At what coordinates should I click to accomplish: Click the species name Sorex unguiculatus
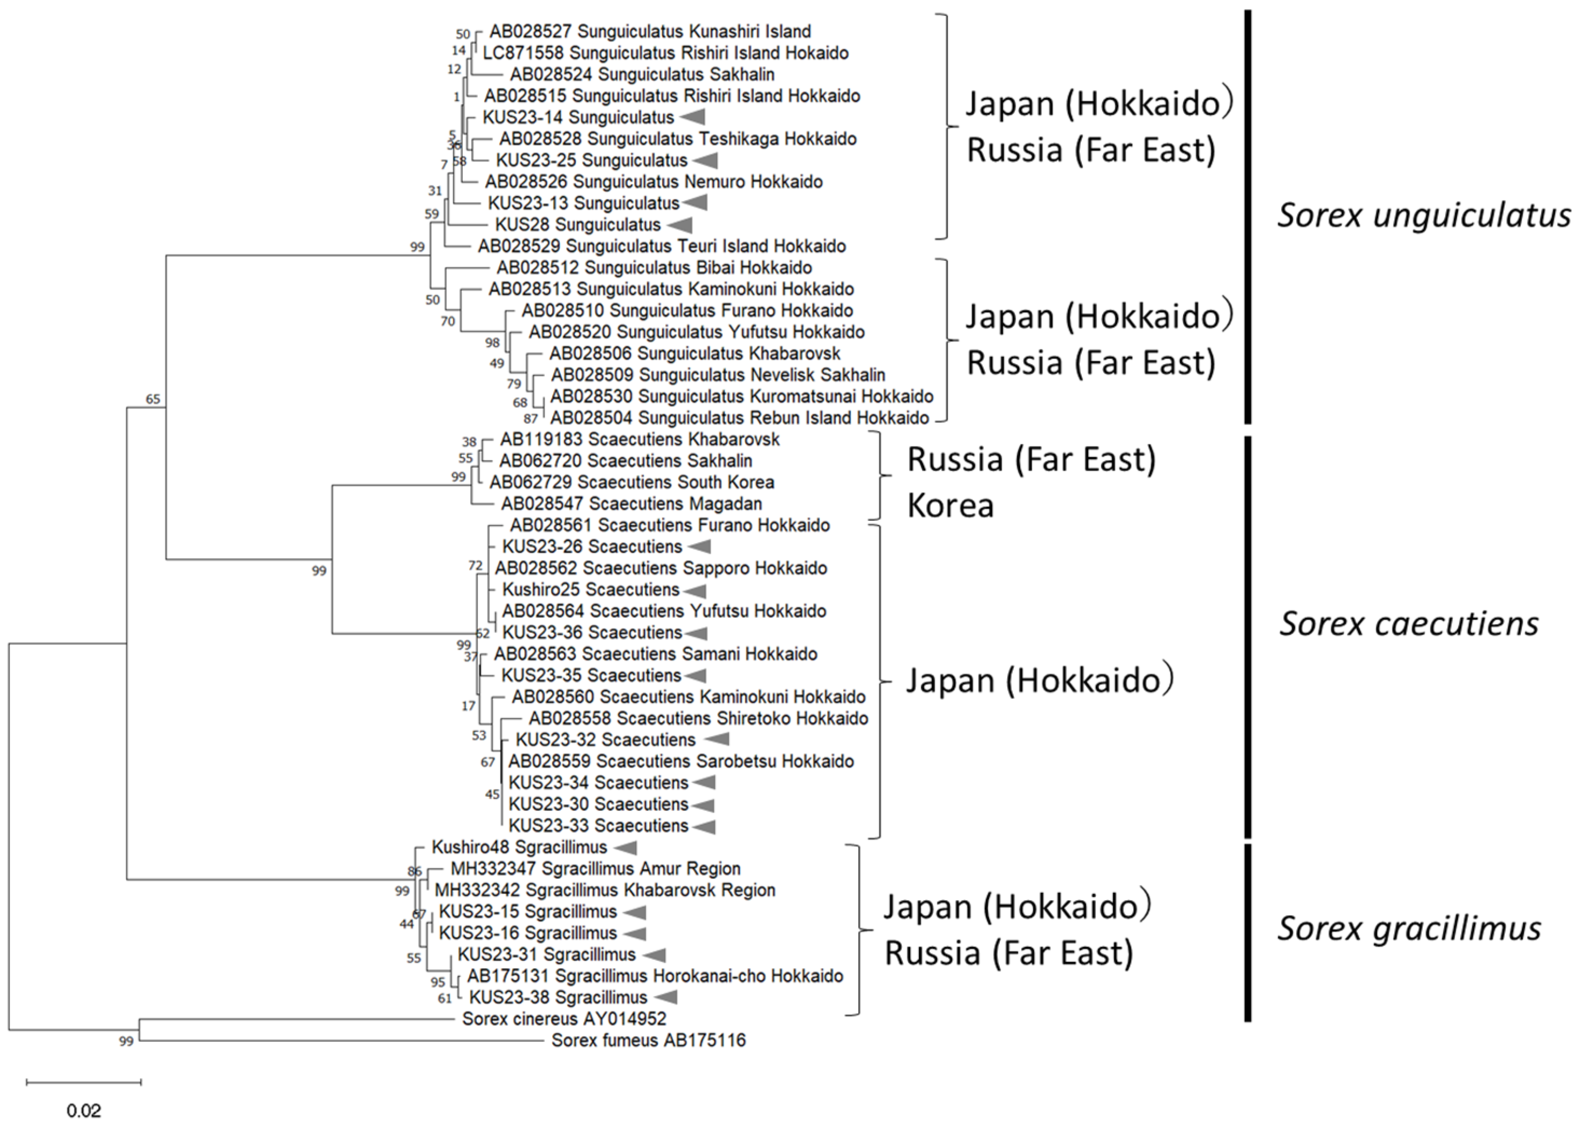[x=1424, y=215]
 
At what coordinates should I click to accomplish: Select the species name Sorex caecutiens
[x=1409, y=624]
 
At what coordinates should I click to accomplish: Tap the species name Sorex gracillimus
[x=1409, y=928]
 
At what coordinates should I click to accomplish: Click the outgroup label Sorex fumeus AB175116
[x=648, y=1041]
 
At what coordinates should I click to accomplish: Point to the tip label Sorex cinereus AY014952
[x=564, y=1019]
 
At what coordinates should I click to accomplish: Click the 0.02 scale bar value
[x=84, y=1111]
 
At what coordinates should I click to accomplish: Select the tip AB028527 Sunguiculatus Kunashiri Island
[x=650, y=31]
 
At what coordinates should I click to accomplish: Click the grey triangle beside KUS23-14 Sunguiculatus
[x=692, y=118]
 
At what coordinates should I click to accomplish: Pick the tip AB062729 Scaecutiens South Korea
[x=631, y=482]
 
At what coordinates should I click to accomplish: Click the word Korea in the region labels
[x=950, y=506]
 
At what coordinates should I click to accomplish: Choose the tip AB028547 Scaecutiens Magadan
[x=631, y=504]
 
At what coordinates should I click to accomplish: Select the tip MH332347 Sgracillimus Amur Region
[x=595, y=869]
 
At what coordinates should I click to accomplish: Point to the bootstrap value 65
[x=153, y=400]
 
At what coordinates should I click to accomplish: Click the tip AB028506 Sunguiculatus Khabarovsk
[x=694, y=354]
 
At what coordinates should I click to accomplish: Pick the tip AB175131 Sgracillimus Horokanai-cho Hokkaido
[x=655, y=976]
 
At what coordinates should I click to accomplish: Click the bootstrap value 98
[x=492, y=342]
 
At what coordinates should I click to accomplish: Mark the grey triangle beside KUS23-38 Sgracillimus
[x=665, y=998]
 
